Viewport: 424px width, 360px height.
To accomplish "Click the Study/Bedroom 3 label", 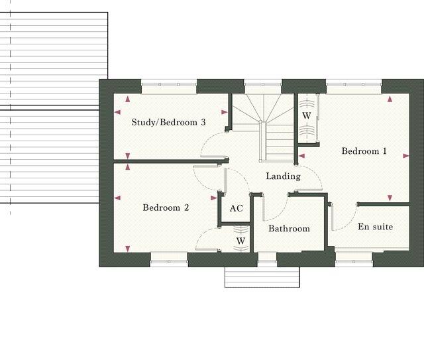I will tap(168, 122).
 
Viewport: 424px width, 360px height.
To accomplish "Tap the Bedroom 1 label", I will tap(364, 151).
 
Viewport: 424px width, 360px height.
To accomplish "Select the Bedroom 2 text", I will tap(166, 208).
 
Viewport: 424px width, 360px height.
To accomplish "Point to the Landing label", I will tap(283, 176).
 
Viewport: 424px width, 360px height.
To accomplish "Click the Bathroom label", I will tap(289, 229).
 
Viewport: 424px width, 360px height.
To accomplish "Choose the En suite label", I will tap(375, 227).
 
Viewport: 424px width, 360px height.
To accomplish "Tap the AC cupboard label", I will tap(237, 208).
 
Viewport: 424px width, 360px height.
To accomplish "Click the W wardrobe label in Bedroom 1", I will tap(307, 115).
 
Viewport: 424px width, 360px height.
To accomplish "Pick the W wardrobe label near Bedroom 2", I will tap(240, 241).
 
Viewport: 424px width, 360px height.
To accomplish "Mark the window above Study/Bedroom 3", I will tap(169, 84).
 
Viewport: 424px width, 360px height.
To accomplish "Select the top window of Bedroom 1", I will tap(353, 84).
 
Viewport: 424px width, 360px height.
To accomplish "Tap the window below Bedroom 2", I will tap(170, 263).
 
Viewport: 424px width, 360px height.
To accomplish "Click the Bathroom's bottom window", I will tap(267, 263).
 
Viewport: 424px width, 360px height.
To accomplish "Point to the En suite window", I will tap(355, 263).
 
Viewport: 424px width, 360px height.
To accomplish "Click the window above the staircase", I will tap(263, 84).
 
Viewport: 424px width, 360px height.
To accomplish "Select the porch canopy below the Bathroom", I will tap(262, 277).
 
